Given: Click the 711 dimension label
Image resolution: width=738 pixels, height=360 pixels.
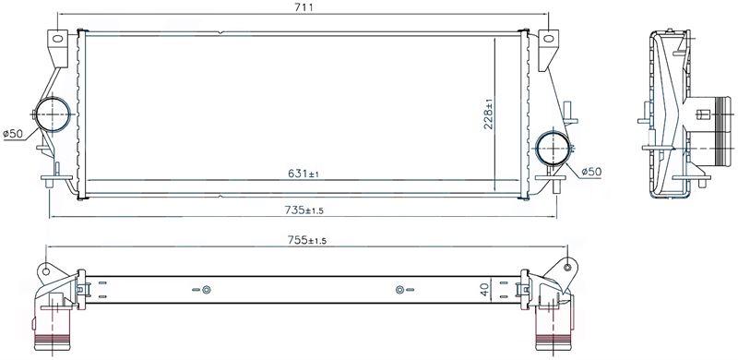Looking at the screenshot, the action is (x=304, y=7).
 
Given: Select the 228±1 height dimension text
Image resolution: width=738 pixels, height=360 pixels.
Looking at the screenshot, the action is (x=488, y=114).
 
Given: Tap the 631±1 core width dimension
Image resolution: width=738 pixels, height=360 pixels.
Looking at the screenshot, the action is (x=304, y=174).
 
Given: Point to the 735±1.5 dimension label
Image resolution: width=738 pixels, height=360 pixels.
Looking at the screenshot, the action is (x=304, y=210).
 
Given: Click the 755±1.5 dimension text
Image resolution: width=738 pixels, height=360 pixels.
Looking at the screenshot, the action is (x=307, y=240).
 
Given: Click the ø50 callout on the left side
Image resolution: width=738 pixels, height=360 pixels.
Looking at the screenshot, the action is (x=13, y=134).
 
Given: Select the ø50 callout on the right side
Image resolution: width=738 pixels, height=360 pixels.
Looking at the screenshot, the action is (x=591, y=172).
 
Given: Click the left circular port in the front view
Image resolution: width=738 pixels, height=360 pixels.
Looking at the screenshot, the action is (x=53, y=114).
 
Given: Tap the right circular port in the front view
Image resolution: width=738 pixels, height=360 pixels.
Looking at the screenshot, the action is (x=553, y=148).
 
